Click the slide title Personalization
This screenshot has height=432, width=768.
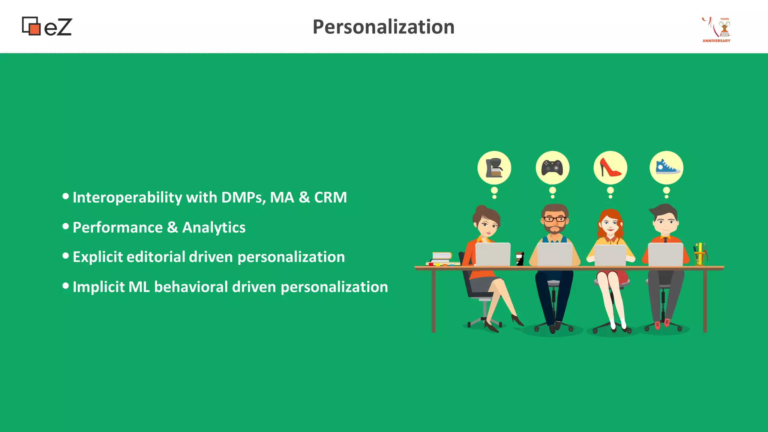(383, 27)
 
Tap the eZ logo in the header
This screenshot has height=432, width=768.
(47, 27)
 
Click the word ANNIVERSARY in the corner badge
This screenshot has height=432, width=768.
(716, 41)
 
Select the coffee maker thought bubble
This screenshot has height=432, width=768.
(494, 168)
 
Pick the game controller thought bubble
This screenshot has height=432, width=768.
(552, 168)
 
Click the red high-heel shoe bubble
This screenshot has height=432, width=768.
(610, 168)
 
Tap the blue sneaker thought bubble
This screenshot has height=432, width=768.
(666, 168)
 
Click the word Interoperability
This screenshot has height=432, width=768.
(127, 198)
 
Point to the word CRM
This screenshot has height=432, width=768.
(330, 198)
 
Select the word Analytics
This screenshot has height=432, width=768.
(214, 228)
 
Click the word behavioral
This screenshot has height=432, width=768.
(191, 287)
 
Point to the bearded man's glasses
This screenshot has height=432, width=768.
(555, 219)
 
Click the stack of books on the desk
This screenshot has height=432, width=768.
(441, 258)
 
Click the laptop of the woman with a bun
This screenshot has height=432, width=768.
(493, 254)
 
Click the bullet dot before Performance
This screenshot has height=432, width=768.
(66, 226)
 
